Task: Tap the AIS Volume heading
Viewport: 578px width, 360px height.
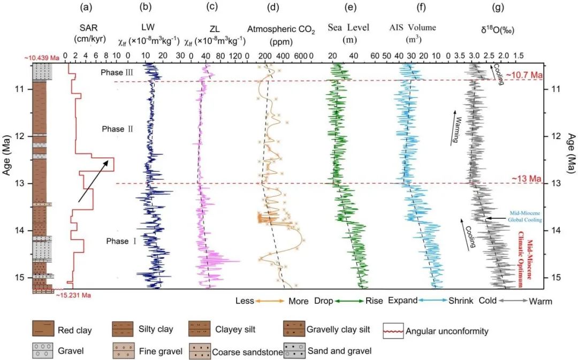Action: (x=412, y=28)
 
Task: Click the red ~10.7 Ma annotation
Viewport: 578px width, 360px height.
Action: (x=525, y=75)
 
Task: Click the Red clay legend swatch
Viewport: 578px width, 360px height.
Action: (x=42, y=330)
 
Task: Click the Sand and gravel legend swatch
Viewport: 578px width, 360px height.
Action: (x=294, y=351)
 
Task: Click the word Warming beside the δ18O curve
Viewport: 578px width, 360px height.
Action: (x=456, y=128)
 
